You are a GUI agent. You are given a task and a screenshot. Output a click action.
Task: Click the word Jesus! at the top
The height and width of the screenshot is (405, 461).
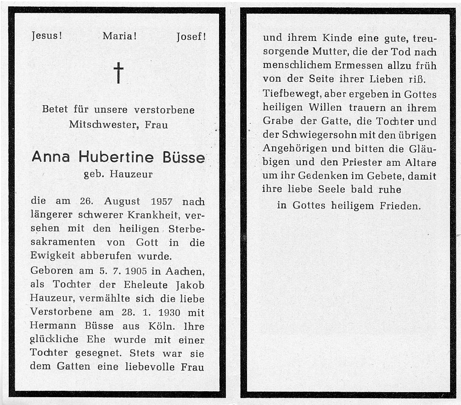(x=46, y=36)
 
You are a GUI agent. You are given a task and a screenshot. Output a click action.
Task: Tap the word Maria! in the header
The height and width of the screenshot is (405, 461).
(x=119, y=36)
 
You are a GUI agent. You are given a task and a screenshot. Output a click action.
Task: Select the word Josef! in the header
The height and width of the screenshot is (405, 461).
(x=191, y=36)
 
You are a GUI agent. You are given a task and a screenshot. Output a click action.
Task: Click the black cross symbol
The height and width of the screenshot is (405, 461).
(x=118, y=73)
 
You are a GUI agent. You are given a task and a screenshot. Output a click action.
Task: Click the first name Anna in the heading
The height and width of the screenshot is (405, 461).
(x=51, y=157)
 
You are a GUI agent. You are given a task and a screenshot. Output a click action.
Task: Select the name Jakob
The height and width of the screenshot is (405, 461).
(x=189, y=285)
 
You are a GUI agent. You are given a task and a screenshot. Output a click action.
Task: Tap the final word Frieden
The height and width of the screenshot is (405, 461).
(x=399, y=206)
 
